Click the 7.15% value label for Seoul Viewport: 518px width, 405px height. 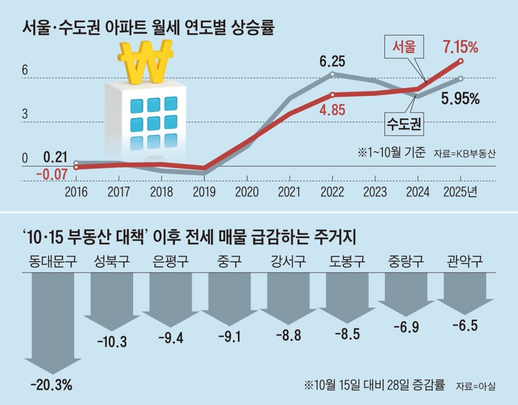460,46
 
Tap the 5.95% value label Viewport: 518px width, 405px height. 460,99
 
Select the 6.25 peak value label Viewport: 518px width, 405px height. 332,61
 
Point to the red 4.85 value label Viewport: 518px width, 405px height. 332,111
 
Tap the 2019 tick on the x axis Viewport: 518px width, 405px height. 204,191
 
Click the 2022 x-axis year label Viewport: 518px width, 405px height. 332,191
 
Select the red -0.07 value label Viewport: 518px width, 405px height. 51,175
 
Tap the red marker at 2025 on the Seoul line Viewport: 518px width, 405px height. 460,61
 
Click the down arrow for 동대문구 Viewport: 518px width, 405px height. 52,325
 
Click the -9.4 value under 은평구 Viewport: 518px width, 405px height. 170,337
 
